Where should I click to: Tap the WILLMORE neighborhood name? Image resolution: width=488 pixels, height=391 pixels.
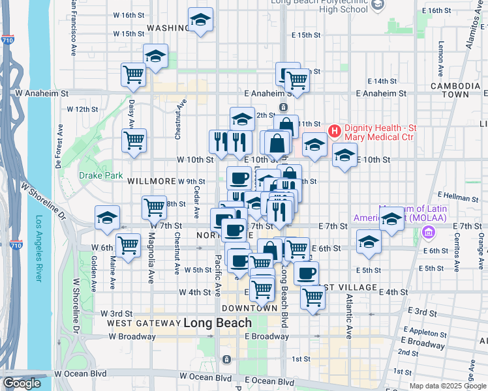(151, 181)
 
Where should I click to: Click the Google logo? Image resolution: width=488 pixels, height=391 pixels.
(22, 383)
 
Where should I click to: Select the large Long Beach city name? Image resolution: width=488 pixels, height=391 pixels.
(217, 323)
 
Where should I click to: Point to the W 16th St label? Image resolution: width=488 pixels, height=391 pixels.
(128, 14)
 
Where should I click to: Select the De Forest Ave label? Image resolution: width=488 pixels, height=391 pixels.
(58, 153)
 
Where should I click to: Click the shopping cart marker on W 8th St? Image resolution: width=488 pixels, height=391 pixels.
(154, 208)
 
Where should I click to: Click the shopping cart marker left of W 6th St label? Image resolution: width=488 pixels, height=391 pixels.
(129, 246)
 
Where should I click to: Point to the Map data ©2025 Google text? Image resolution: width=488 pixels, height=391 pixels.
(447, 385)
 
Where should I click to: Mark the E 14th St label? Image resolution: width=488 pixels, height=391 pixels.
(382, 81)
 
